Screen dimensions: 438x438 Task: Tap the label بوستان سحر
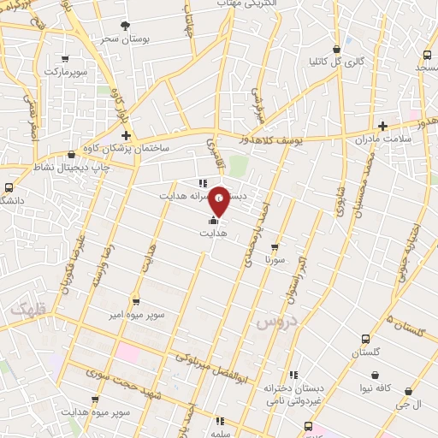tap(118, 38)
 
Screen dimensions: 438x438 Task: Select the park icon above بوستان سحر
tap(125, 26)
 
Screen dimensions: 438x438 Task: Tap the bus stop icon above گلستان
tap(366, 338)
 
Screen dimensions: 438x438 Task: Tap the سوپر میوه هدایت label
tap(102, 413)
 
